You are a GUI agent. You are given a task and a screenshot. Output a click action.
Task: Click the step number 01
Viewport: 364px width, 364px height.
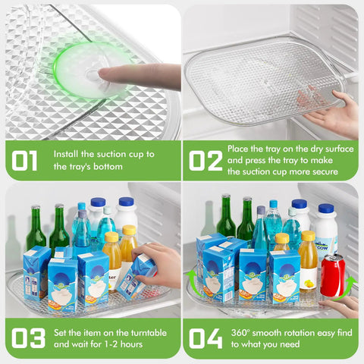click(x=24, y=161)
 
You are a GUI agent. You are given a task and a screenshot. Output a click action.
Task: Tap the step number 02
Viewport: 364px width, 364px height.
click(x=206, y=161)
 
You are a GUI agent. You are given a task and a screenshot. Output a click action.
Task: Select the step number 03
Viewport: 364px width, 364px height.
click(x=28, y=338)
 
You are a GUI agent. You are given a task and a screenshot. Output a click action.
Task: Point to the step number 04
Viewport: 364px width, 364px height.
click(x=206, y=338)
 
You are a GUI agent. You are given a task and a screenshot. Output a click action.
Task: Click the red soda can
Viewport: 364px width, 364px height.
click(x=333, y=275)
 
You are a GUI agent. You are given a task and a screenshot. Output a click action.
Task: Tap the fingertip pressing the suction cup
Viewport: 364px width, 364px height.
click(x=101, y=74)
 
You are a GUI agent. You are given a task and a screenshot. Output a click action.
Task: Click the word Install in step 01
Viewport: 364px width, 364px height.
click(x=66, y=154)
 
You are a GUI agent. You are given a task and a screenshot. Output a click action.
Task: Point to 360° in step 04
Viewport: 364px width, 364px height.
click(x=240, y=333)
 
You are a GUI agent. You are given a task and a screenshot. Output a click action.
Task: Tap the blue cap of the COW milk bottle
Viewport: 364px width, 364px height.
click(x=326, y=208)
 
